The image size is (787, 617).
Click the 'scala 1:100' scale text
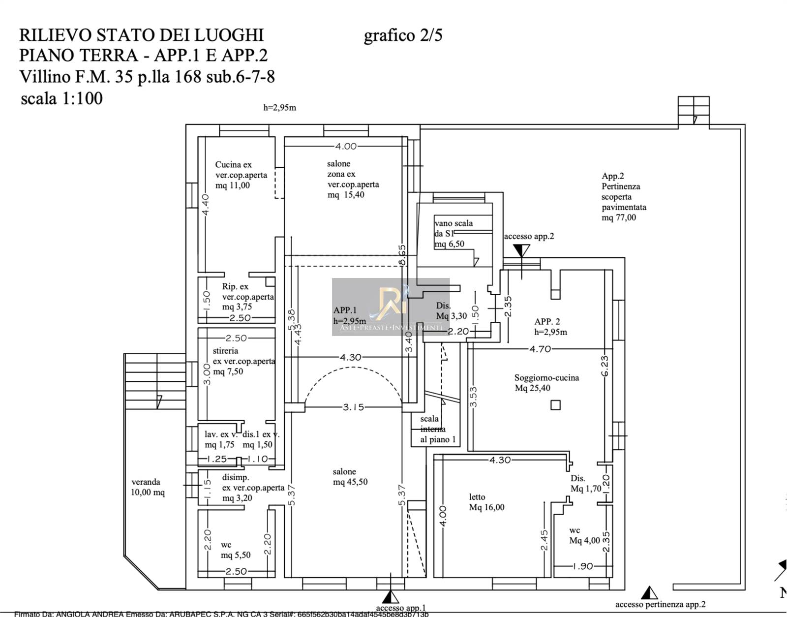[61, 98]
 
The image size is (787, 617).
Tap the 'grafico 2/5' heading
[403, 35]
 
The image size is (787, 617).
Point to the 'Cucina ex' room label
[233, 165]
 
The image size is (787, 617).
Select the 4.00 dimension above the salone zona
[346, 146]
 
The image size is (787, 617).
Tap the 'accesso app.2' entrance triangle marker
[521, 251]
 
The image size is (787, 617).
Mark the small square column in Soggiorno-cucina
[555, 405]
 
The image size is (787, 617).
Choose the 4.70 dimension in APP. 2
[540, 349]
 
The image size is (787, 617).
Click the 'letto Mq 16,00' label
[486, 502]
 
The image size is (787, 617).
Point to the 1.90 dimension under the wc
[583, 566]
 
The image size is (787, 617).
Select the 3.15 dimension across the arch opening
[353, 407]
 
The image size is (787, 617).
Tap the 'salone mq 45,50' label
[350, 477]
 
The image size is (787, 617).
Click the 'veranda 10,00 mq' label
[147, 487]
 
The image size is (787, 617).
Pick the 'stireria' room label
[225, 351]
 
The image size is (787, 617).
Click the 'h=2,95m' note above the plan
[279, 108]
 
